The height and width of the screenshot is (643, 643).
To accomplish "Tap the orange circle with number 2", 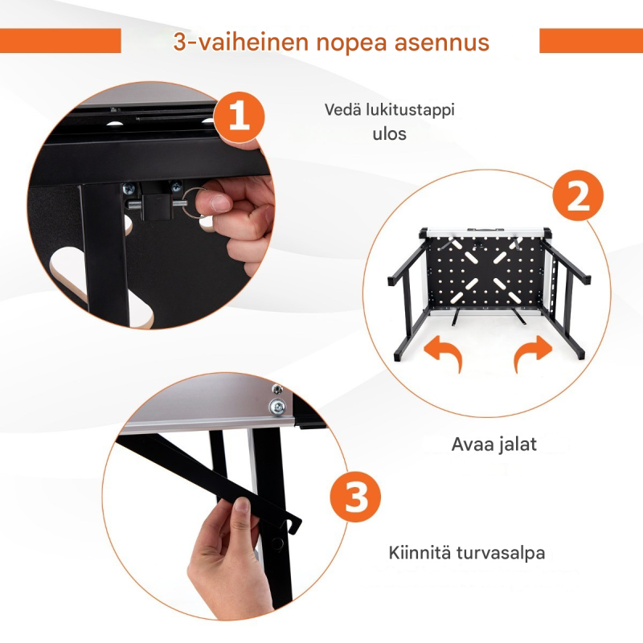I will pos(579,197).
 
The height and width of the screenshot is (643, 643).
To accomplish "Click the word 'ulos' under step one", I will pos(390,133).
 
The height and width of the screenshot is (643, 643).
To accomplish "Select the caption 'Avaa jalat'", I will pos(494,444).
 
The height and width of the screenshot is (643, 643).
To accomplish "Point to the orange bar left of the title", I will pos(60,41).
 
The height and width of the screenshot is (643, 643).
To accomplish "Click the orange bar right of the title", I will pos(591,41).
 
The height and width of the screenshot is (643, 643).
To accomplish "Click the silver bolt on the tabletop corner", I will pos(276,406).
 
